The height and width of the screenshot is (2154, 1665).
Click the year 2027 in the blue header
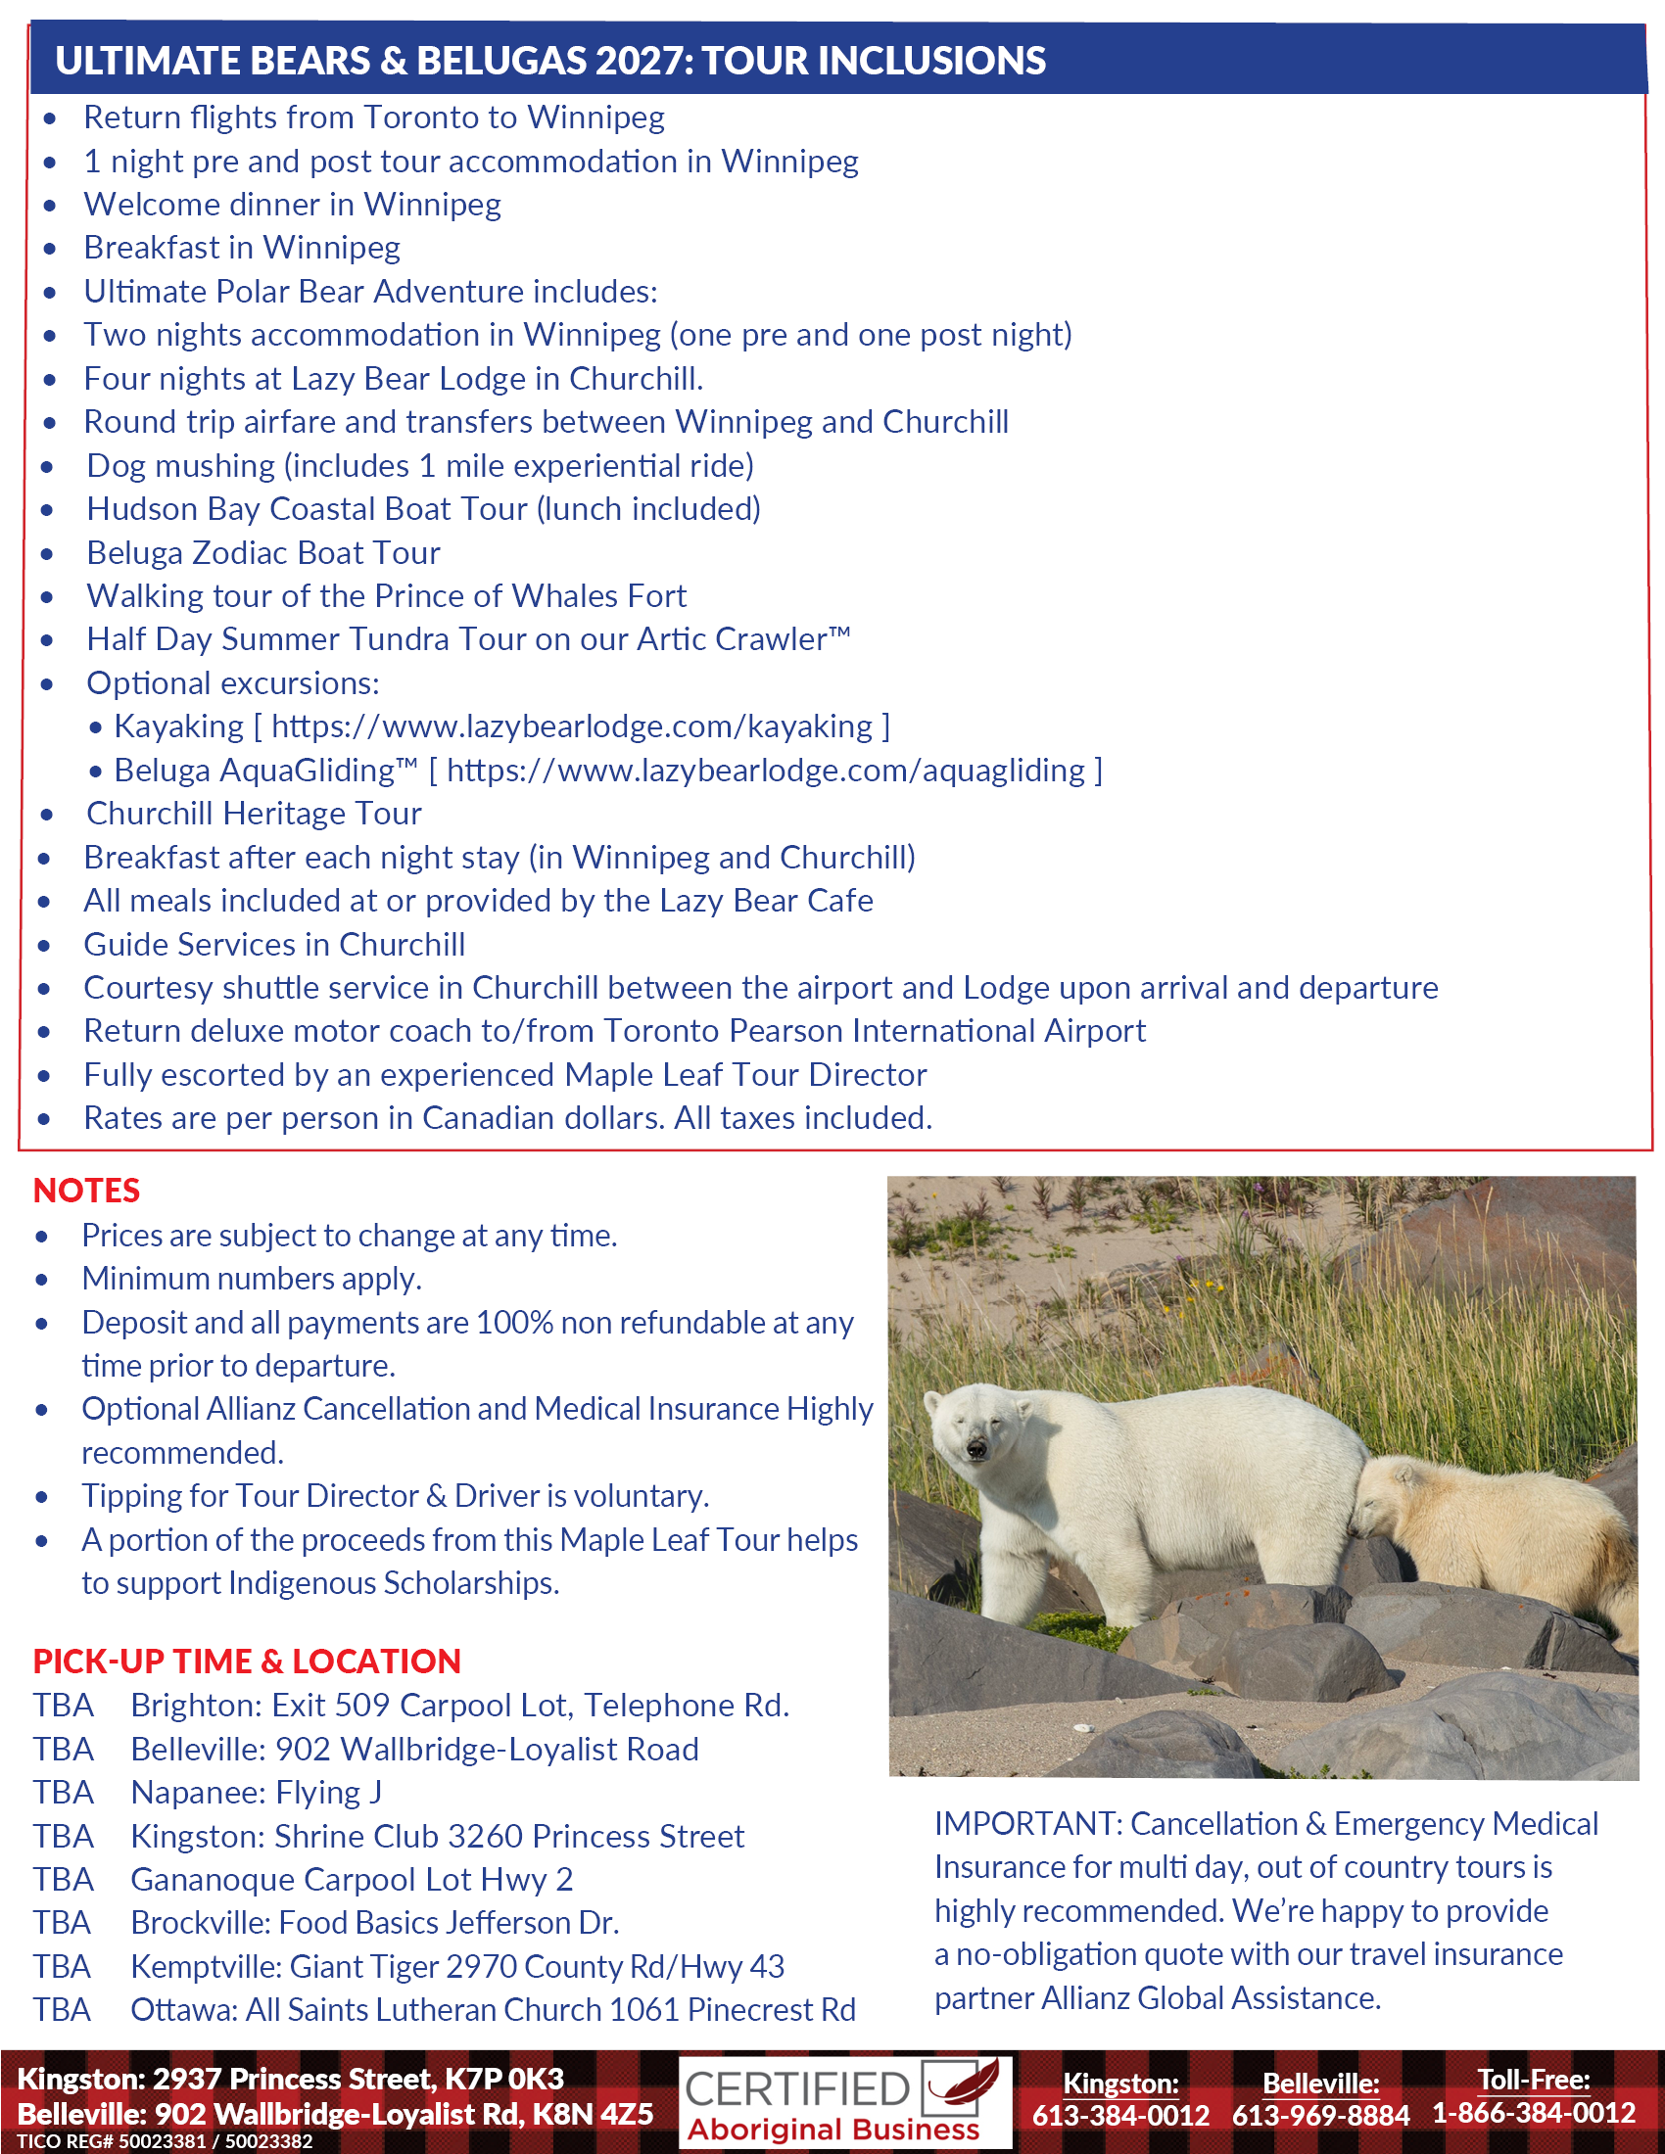point(643,61)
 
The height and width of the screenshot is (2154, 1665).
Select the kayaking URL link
point(572,726)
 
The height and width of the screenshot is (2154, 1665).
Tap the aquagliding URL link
point(766,771)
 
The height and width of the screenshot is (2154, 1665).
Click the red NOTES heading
point(87,1191)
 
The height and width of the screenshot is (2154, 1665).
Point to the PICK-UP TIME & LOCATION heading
point(247,1661)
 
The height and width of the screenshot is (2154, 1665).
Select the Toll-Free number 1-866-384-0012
point(1534,2113)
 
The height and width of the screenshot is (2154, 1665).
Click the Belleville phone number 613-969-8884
point(1320,2115)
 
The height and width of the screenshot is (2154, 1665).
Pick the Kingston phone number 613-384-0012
point(1120,2115)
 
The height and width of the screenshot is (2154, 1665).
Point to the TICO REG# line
point(165,2141)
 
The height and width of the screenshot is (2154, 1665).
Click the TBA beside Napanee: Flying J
point(63,1792)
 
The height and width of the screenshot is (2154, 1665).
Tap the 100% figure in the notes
point(513,1323)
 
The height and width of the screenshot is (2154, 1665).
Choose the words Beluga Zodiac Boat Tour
point(263,553)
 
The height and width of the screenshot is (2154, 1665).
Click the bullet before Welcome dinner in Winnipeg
point(49,206)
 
